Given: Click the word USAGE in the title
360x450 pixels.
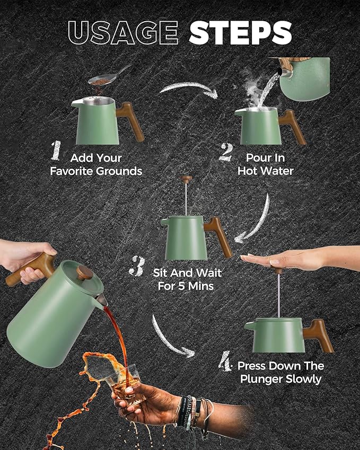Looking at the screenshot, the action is [124, 33].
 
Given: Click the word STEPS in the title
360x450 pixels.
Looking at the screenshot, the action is [240, 33].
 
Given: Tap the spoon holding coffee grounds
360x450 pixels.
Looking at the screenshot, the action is [109, 75].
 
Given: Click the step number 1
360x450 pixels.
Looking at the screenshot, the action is [57, 151].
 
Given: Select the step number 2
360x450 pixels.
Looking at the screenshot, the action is [226, 153].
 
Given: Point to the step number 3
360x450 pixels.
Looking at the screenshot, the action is [137, 266].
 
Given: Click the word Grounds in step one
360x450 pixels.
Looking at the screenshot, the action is [119, 171].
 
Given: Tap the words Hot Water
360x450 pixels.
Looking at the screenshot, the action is [266, 171].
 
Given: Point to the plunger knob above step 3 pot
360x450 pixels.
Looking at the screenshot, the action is [186, 179].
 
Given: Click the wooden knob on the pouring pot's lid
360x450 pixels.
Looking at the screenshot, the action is [84, 273].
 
